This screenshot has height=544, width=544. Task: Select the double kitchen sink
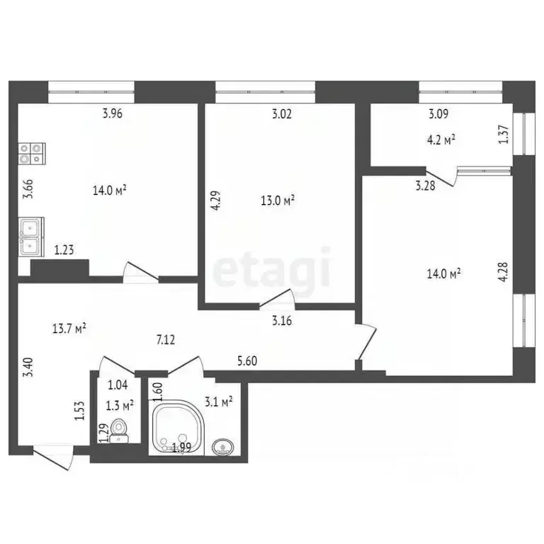[x=30, y=237]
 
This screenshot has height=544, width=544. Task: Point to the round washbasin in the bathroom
[x=222, y=446]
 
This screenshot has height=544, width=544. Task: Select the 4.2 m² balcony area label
[x=441, y=139]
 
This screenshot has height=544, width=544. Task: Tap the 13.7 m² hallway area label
[x=69, y=328]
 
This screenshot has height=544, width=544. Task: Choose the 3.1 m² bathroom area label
[x=217, y=403]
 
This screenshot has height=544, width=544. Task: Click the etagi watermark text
[x=273, y=268]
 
